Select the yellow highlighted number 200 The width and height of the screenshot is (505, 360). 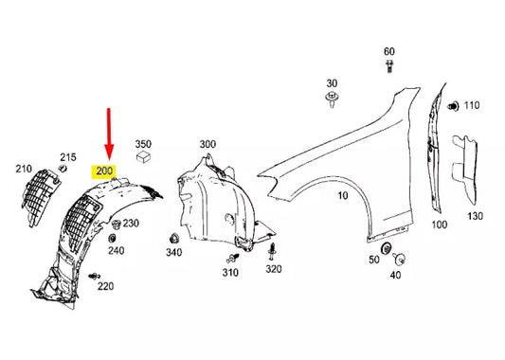point(102,172)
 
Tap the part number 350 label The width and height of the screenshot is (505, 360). point(143,145)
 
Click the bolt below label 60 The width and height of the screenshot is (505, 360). point(389,65)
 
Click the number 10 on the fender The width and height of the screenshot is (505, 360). point(342,197)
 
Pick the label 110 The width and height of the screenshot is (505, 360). point(471,104)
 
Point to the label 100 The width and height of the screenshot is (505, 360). point(439,225)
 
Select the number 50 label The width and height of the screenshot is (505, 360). point(374,260)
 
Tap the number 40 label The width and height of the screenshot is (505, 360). point(394,275)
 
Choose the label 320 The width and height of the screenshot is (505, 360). point(274,269)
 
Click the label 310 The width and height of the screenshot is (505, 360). point(230,273)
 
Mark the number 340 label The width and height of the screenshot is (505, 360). point(173,253)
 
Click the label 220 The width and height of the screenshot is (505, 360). point(105,286)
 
